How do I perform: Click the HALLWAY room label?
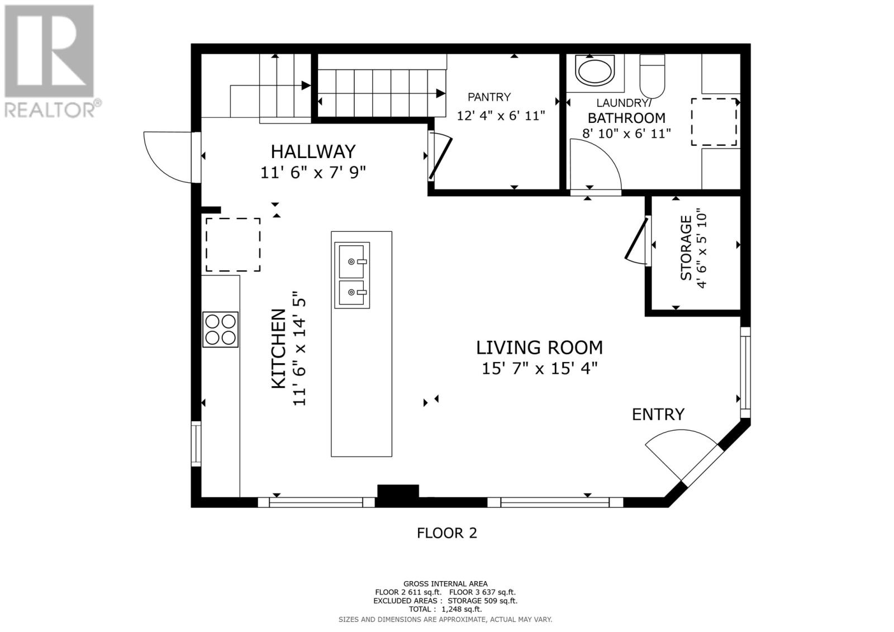tap(313, 151)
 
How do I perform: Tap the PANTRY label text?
tap(489, 97)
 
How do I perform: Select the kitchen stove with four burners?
tap(220, 329)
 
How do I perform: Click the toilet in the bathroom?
tap(652, 76)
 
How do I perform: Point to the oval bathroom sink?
tap(595, 70)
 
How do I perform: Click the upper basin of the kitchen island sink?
tap(352, 262)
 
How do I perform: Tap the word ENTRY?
tap(658, 415)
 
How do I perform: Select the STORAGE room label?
tap(686, 248)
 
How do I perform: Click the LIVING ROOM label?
tap(539, 348)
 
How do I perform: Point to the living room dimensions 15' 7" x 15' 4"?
tap(540, 368)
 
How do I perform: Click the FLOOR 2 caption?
tap(447, 533)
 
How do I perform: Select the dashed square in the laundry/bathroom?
tap(714, 122)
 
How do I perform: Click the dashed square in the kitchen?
tap(233, 245)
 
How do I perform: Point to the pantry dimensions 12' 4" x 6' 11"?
tap(501, 116)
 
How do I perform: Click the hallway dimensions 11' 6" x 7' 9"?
tap(313, 173)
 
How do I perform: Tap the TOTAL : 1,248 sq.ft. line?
tap(445, 609)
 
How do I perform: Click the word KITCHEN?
tap(279, 348)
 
